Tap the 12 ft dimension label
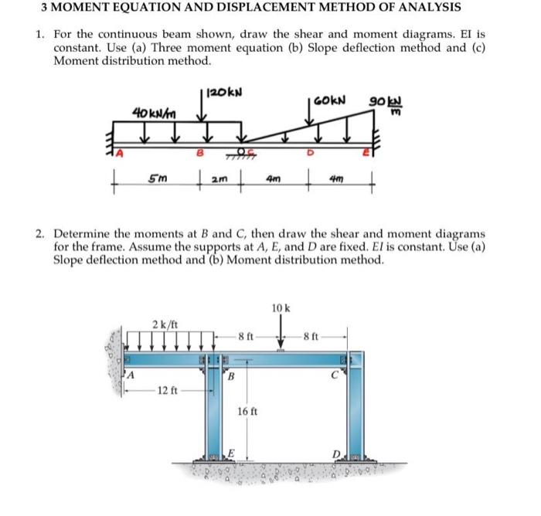pyautogui.click(x=168, y=390)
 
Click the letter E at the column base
pyautogui.click(x=230, y=453)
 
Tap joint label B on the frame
pyautogui.click(x=230, y=378)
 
